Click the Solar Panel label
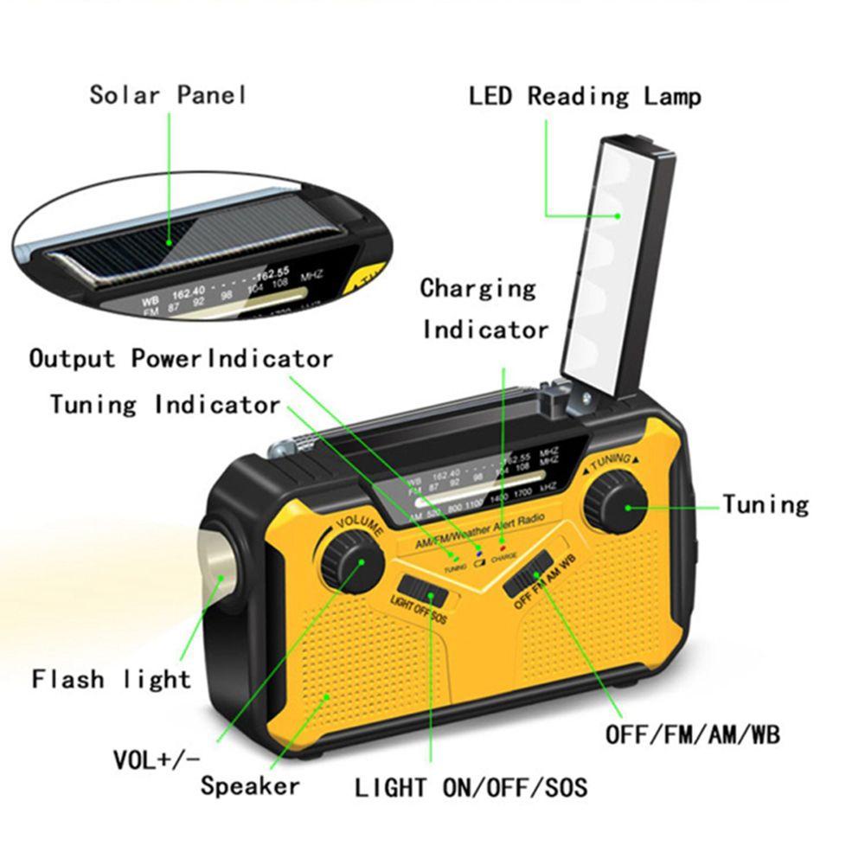click(168, 93)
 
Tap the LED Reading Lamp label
click(585, 95)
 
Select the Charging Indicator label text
click(484, 308)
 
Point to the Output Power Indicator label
click(181, 358)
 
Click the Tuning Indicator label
click(165, 404)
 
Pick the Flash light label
click(112, 678)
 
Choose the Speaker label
click(250, 785)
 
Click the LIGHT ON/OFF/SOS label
click(471, 787)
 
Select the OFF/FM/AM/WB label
click(692, 735)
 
